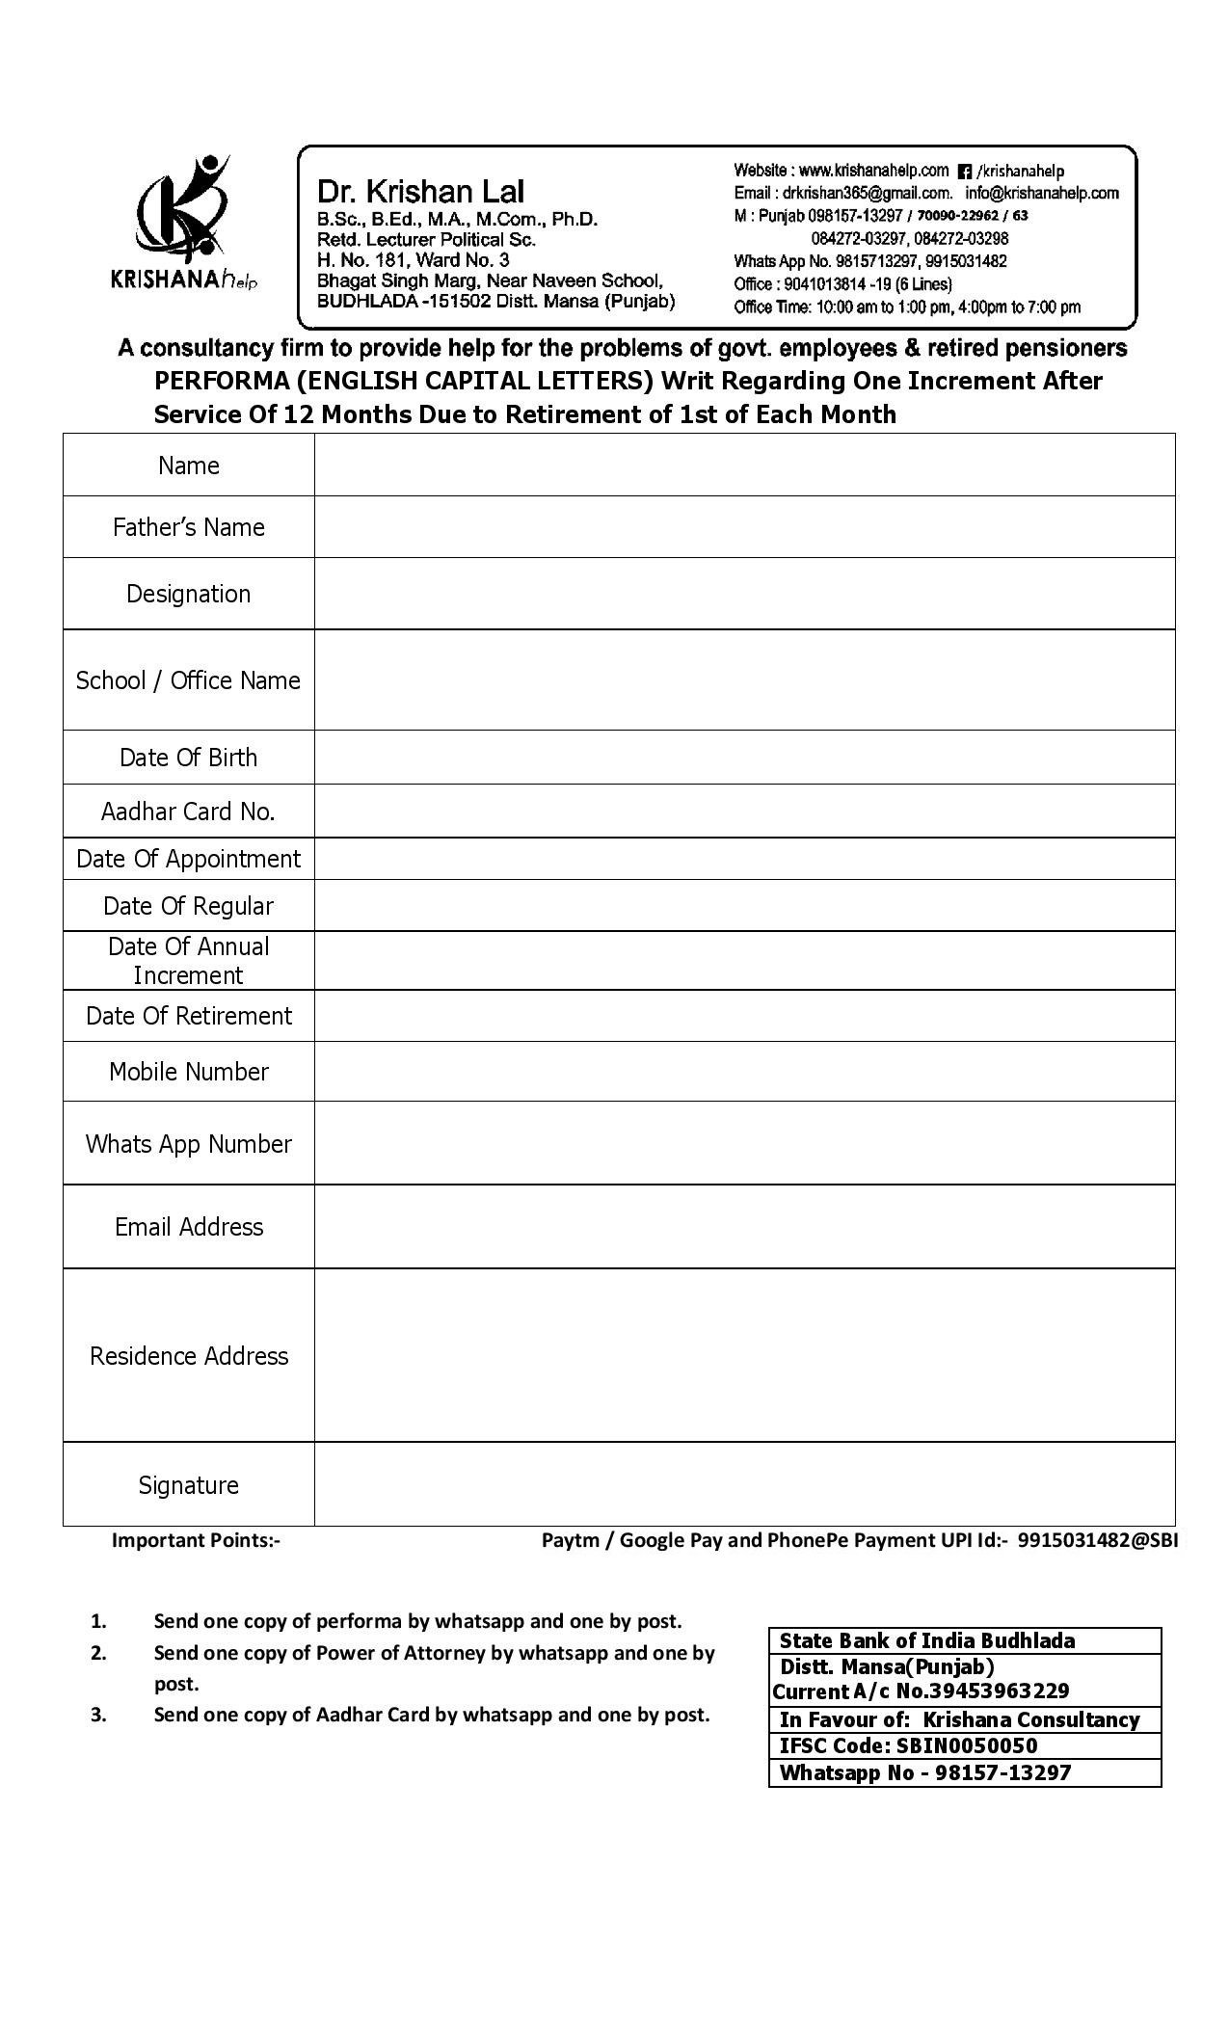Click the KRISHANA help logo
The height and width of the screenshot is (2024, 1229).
183,224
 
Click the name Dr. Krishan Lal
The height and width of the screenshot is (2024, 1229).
421,191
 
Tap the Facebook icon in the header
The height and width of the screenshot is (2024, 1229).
964,173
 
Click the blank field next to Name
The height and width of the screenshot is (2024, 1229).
743,466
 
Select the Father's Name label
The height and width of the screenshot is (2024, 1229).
188,527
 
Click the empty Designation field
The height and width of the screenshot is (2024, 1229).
743,594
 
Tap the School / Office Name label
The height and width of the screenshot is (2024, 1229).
188,680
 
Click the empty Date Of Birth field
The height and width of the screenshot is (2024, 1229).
743,758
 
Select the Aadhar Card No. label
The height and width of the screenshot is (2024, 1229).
188,812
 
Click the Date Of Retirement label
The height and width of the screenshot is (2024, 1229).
188,1016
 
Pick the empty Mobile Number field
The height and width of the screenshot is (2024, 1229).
743,1072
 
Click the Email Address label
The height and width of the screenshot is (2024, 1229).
188,1227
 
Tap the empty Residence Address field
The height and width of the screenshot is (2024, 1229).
743,1355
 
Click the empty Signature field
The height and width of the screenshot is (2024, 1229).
743,1484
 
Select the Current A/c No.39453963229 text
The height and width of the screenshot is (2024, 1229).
921,1691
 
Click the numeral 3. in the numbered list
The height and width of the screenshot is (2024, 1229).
98,1715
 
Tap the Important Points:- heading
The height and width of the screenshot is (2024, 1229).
196,1540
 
